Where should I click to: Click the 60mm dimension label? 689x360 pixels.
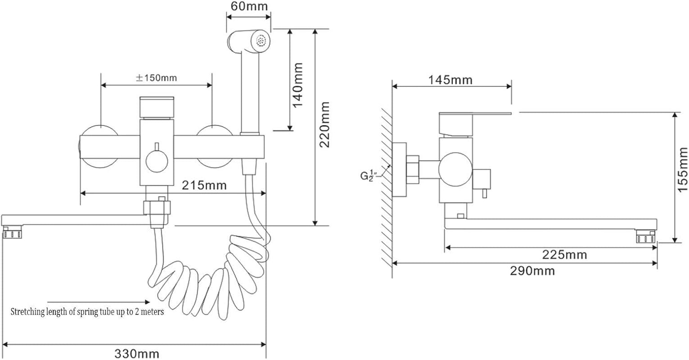click(x=249, y=6)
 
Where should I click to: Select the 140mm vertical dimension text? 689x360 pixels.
click(x=298, y=85)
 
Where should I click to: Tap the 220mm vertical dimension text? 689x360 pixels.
click(x=324, y=125)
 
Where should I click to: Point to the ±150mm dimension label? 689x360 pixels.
click(x=156, y=77)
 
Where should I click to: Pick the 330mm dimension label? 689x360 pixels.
click(x=137, y=353)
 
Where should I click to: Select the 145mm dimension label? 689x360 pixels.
click(x=450, y=80)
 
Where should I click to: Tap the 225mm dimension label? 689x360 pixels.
click(x=564, y=255)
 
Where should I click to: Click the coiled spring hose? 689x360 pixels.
click(x=211, y=279)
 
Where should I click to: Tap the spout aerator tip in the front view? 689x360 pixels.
click(x=12, y=233)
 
